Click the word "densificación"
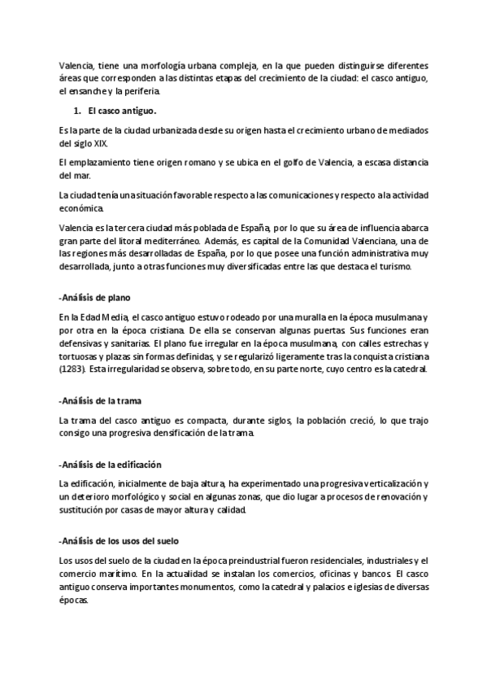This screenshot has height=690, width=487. click(x=167, y=433)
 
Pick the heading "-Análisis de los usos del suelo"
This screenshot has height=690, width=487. click(x=125, y=540)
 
